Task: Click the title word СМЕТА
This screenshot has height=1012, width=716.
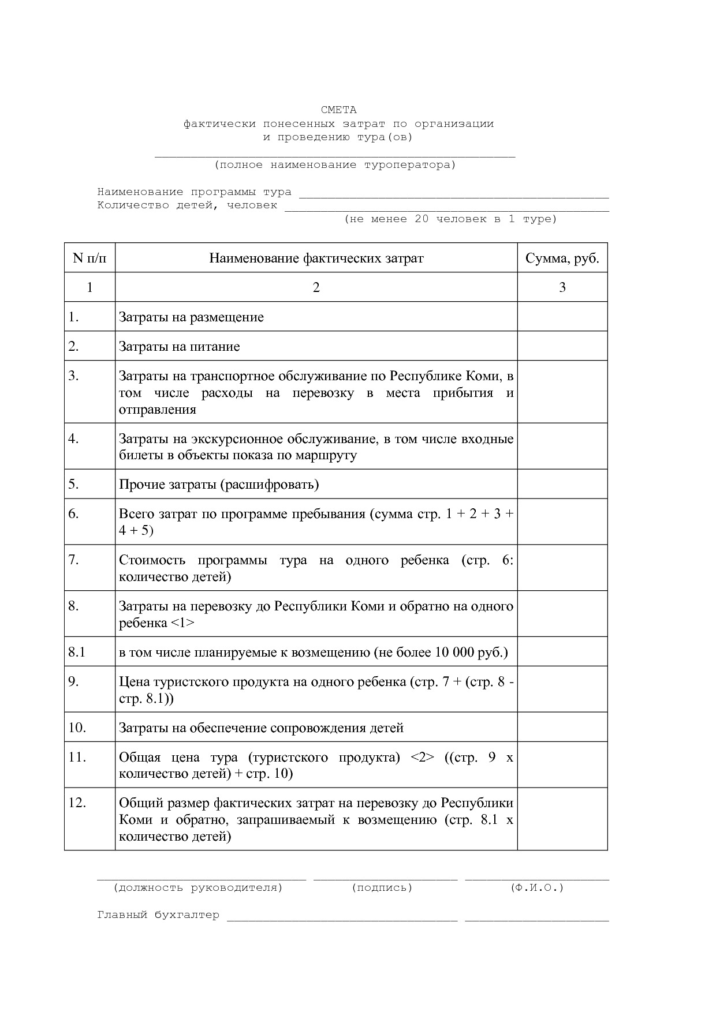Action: [338, 110]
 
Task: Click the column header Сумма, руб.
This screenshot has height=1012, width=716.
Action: [562, 258]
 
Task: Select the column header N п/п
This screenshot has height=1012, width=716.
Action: [89, 258]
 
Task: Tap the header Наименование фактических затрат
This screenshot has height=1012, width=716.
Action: [316, 258]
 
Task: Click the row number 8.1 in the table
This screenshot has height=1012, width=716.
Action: [77, 652]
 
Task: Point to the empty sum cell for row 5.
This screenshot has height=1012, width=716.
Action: [562, 484]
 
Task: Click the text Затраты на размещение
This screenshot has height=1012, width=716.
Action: [191, 317]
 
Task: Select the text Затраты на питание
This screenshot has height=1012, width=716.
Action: [179, 346]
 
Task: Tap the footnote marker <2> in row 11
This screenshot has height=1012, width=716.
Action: [422, 757]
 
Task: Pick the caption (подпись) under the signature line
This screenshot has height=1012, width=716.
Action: [382, 887]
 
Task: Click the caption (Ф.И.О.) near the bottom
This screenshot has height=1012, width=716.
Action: [536, 887]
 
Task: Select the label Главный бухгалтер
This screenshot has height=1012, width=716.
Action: [158, 914]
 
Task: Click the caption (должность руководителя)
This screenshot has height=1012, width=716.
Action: [198, 887]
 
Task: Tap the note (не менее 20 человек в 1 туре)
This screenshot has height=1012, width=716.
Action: [450, 219]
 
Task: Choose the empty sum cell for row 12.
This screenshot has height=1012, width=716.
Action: [562, 819]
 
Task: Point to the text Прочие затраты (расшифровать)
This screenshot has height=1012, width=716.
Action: [219, 484]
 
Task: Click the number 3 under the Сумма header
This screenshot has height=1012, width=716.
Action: [562, 287]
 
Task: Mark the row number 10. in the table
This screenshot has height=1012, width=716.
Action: [77, 727]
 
